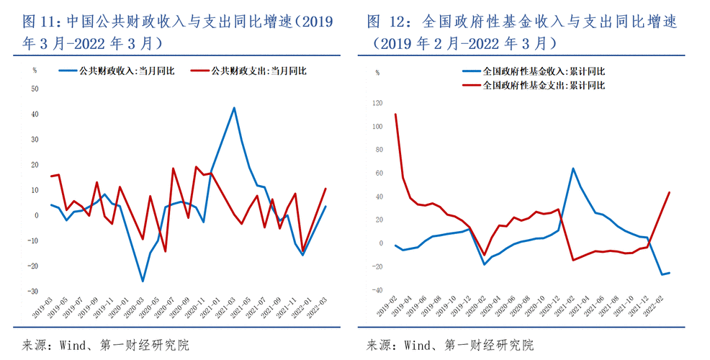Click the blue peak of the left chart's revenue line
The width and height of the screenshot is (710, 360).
click(x=234, y=108)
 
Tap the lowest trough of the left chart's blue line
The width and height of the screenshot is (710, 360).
click(x=143, y=281)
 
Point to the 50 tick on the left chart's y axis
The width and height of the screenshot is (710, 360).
click(x=34, y=89)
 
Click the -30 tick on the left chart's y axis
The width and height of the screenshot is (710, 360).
click(x=32, y=292)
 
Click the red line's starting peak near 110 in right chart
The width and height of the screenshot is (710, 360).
click(x=395, y=114)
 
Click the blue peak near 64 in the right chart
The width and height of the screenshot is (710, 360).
click(x=572, y=168)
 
